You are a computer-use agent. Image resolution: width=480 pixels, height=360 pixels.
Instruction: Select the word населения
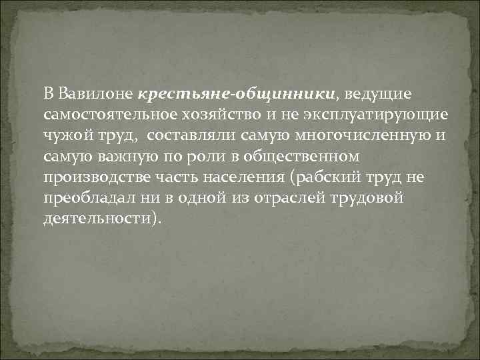[244, 178]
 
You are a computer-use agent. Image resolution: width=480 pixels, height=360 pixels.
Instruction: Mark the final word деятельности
[97, 221]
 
